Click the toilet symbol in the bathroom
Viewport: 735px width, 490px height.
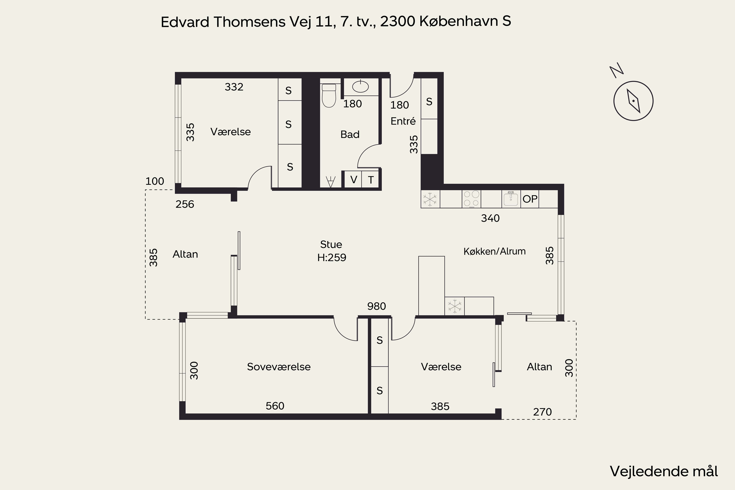pyautogui.click(x=329, y=95)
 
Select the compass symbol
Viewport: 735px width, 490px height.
pyautogui.click(x=633, y=101)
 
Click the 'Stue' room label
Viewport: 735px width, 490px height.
pyautogui.click(x=331, y=244)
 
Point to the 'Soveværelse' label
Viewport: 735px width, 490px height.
pyautogui.click(x=279, y=367)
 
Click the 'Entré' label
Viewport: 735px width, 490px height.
pyautogui.click(x=403, y=121)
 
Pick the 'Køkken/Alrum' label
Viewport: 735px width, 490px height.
pyautogui.click(x=494, y=251)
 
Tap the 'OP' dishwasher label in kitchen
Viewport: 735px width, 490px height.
pyautogui.click(x=530, y=199)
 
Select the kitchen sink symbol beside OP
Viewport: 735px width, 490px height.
pyautogui.click(x=511, y=199)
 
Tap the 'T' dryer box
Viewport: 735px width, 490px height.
pyautogui.click(x=371, y=179)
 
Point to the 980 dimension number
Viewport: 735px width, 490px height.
pyautogui.click(x=377, y=306)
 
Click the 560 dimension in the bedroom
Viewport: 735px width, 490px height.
pyautogui.click(x=275, y=406)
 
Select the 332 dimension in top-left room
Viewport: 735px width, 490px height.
pyautogui.click(x=234, y=87)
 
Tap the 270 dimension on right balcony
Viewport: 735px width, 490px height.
pyautogui.click(x=542, y=412)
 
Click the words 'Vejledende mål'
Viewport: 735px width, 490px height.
pyautogui.click(x=664, y=471)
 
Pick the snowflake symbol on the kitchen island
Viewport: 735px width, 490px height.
pyautogui.click(x=455, y=306)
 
